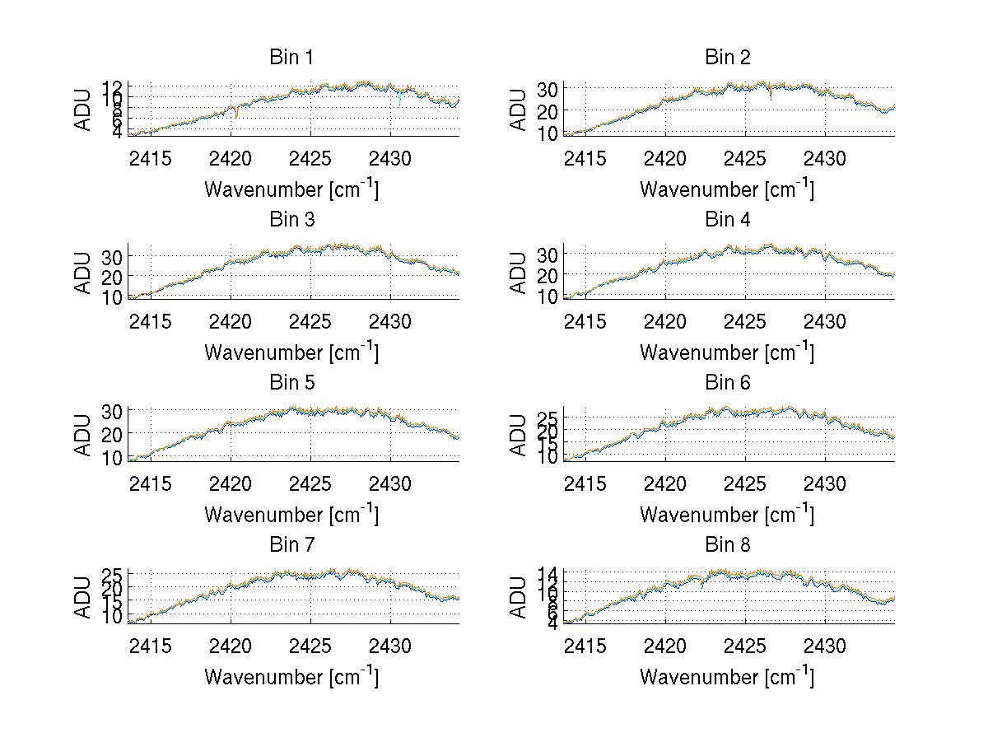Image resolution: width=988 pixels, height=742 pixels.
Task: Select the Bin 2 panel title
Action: pyautogui.click(x=728, y=58)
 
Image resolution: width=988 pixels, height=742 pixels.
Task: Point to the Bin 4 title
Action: pyautogui.click(x=728, y=220)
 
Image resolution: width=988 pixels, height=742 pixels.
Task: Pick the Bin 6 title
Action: pyautogui.click(x=728, y=383)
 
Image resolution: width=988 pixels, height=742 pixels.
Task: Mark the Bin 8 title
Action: pyautogui.click(x=728, y=545)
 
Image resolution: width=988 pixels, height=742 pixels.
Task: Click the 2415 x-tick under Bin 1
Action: pyautogui.click(x=151, y=157)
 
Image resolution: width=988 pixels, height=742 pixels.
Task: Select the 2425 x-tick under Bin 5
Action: pyautogui.click(x=311, y=483)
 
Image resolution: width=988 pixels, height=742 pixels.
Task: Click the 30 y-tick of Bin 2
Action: pyautogui.click(x=548, y=89)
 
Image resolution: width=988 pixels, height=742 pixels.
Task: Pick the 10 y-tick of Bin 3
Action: pyautogui.click(x=113, y=296)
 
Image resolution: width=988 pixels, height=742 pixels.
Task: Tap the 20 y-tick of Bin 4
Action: pyautogui.click(x=548, y=274)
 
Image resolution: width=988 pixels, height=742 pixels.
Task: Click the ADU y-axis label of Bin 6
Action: pyautogui.click(x=519, y=435)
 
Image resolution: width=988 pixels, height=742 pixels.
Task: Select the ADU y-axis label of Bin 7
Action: pyautogui.click(x=83, y=597)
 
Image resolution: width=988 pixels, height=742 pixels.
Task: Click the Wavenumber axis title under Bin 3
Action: pyautogui.click(x=291, y=352)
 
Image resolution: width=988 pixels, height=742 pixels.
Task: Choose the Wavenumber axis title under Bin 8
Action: pyautogui.click(x=727, y=677)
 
